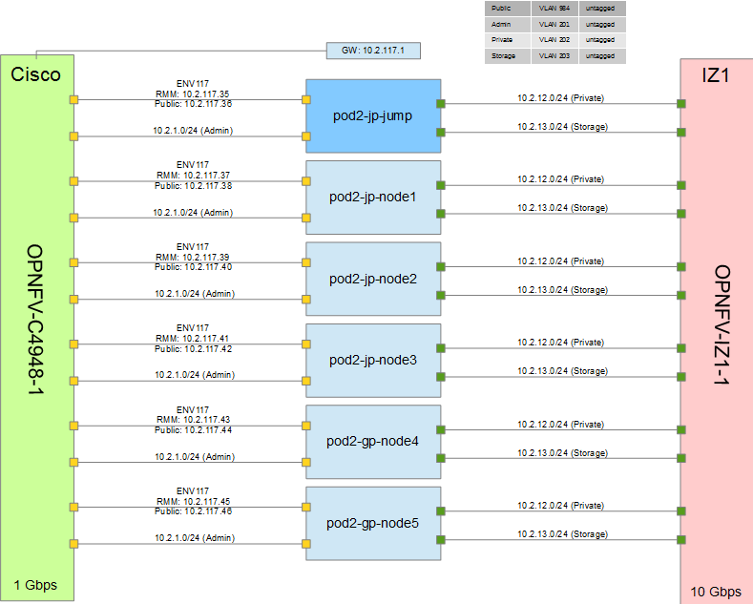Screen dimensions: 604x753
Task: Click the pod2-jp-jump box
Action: [x=372, y=116]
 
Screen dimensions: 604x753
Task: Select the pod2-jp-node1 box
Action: [x=372, y=198]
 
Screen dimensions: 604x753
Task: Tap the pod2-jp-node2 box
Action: [x=372, y=279]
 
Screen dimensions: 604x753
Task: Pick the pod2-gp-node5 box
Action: [x=372, y=523]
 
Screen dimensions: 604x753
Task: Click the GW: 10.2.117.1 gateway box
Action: [x=372, y=50]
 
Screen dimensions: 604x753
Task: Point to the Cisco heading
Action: [x=36, y=74]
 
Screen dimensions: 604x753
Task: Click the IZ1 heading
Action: [x=716, y=74]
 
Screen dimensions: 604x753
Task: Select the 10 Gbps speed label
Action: [x=716, y=591]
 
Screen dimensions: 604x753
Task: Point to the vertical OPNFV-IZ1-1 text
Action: [x=722, y=325]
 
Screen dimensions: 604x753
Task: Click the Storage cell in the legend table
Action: [x=503, y=56]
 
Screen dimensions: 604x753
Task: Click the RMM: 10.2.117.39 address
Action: [x=193, y=258]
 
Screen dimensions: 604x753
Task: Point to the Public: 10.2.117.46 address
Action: [x=193, y=511]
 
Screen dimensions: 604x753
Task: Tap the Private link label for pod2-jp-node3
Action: [x=560, y=343]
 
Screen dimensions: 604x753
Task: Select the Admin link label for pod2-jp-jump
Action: [x=193, y=131]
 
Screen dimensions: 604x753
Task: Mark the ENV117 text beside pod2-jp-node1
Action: [x=193, y=164]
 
